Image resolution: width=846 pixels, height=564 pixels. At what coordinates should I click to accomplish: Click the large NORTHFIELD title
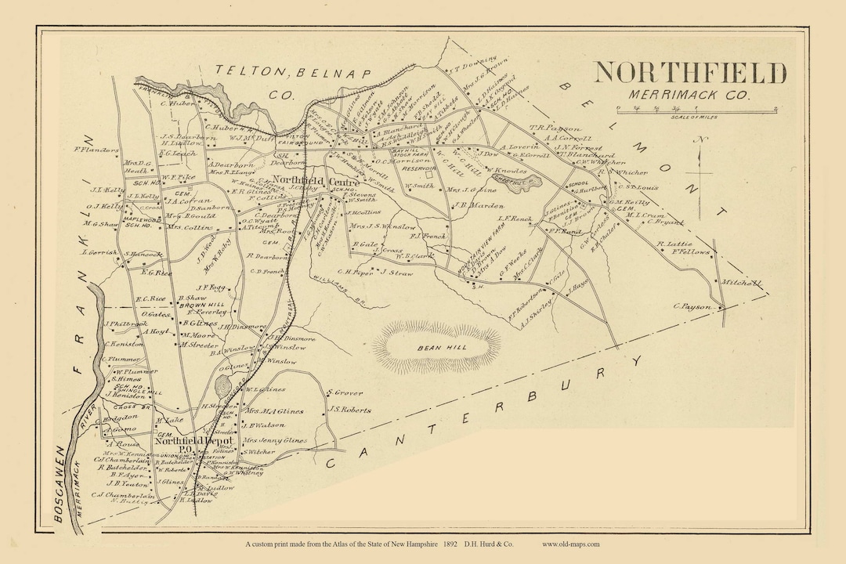(x=689, y=73)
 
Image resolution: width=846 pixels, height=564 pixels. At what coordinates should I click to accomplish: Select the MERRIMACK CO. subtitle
(x=689, y=95)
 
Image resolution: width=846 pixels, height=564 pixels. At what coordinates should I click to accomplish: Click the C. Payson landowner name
(x=690, y=306)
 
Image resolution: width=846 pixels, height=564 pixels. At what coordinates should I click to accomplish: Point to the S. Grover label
(x=345, y=392)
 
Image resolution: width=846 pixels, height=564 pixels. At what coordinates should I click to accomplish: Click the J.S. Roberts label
(x=348, y=408)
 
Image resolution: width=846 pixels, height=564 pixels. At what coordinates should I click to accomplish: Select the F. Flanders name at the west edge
(x=96, y=150)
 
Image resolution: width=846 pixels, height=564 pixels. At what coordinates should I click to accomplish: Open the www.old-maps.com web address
(x=570, y=544)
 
